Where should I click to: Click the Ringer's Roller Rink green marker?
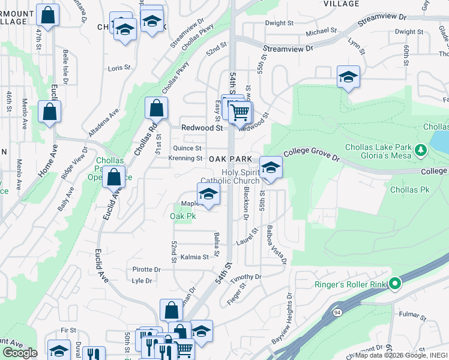[x=394, y=283]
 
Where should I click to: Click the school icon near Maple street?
[x=208, y=194]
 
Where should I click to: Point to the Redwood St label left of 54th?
[x=202, y=128]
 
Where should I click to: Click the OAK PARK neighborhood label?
[x=230, y=159]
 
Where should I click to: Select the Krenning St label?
[x=185, y=158]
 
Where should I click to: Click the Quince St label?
[x=187, y=148]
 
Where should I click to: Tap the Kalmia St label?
[x=194, y=256]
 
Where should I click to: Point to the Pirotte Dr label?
[x=146, y=270]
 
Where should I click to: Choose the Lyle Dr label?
[x=142, y=280]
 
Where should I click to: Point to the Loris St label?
[x=118, y=68]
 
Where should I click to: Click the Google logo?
[x=20, y=353]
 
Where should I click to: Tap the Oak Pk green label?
[x=183, y=215]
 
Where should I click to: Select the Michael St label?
[x=321, y=31]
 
